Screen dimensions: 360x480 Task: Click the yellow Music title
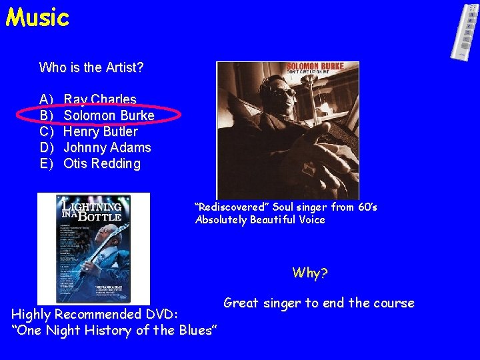click(x=37, y=17)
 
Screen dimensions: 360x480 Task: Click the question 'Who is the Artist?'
click(x=91, y=67)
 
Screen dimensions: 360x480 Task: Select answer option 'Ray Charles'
click(x=99, y=99)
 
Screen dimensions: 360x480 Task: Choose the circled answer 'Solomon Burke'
click(x=109, y=115)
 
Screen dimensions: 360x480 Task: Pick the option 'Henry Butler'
click(x=100, y=131)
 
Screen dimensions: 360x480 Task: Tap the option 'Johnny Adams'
click(x=107, y=147)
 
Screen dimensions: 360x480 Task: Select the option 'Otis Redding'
click(x=101, y=163)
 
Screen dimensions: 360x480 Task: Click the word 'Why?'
click(x=310, y=273)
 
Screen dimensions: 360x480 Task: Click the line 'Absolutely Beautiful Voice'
click(x=260, y=219)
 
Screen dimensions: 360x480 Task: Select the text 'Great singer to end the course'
click(x=319, y=303)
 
